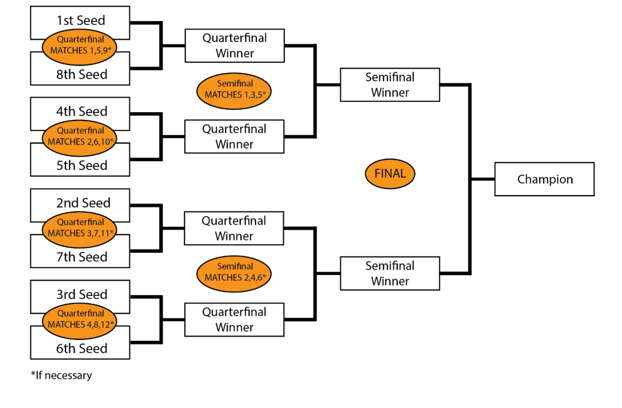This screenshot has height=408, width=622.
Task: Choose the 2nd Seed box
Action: pos(80,202)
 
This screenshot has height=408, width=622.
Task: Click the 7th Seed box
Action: pos(80,257)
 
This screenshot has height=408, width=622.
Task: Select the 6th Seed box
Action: pos(80,349)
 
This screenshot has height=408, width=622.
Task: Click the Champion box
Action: pos(544,179)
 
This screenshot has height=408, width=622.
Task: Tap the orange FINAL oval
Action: pos(390,174)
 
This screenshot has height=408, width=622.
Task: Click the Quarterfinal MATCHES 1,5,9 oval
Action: pos(80,45)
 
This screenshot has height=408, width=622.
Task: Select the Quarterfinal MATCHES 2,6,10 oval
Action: pos(80,136)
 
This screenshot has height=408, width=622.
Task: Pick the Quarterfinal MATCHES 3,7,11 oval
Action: pos(80,228)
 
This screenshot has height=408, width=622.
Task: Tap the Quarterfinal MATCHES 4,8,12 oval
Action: pos(80,319)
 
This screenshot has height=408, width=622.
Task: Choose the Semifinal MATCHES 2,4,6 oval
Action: pos(234,272)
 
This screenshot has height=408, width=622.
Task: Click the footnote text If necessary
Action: pos(61,375)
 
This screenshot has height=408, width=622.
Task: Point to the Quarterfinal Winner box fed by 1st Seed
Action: pos(234,46)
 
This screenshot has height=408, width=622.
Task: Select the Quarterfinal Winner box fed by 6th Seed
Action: pos(234,319)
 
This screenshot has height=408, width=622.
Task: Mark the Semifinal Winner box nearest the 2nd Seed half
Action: pos(390,273)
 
